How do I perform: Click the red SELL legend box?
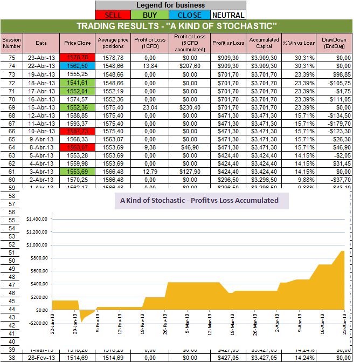[113, 15]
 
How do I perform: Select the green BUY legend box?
[151, 15]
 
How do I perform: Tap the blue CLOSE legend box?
[189, 15]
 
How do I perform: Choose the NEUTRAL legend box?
[227, 15]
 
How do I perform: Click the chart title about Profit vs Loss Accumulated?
[199, 200]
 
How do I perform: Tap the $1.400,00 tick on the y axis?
[37, 219]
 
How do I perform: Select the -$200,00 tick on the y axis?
[37, 323]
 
